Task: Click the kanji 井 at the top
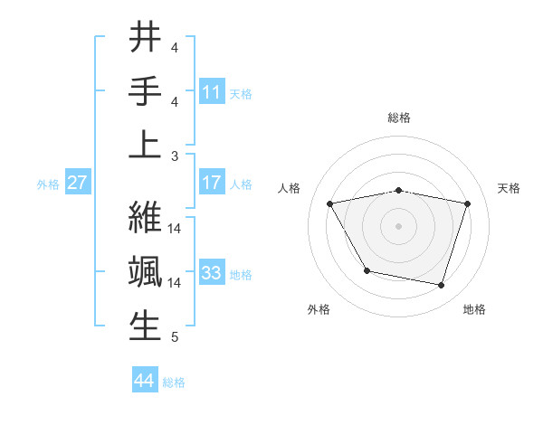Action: (x=146, y=38)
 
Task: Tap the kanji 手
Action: (x=146, y=91)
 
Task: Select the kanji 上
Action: (x=146, y=145)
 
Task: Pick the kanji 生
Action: (x=146, y=325)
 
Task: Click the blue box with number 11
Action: (x=212, y=91)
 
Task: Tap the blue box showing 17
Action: (x=212, y=183)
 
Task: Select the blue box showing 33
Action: (x=212, y=272)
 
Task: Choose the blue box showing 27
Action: (x=78, y=183)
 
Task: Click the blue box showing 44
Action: (x=145, y=381)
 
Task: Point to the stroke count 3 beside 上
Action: (x=175, y=156)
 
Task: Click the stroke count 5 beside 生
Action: (x=175, y=337)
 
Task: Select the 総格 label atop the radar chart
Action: (x=399, y=118)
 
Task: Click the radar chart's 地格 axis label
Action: (x=474, y=310)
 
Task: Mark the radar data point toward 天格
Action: (x=467, y=203)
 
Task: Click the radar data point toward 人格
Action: (x=330, y=203)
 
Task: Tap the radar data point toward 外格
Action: (x=367, y=270)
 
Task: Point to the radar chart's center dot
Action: (x=399, y=225)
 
